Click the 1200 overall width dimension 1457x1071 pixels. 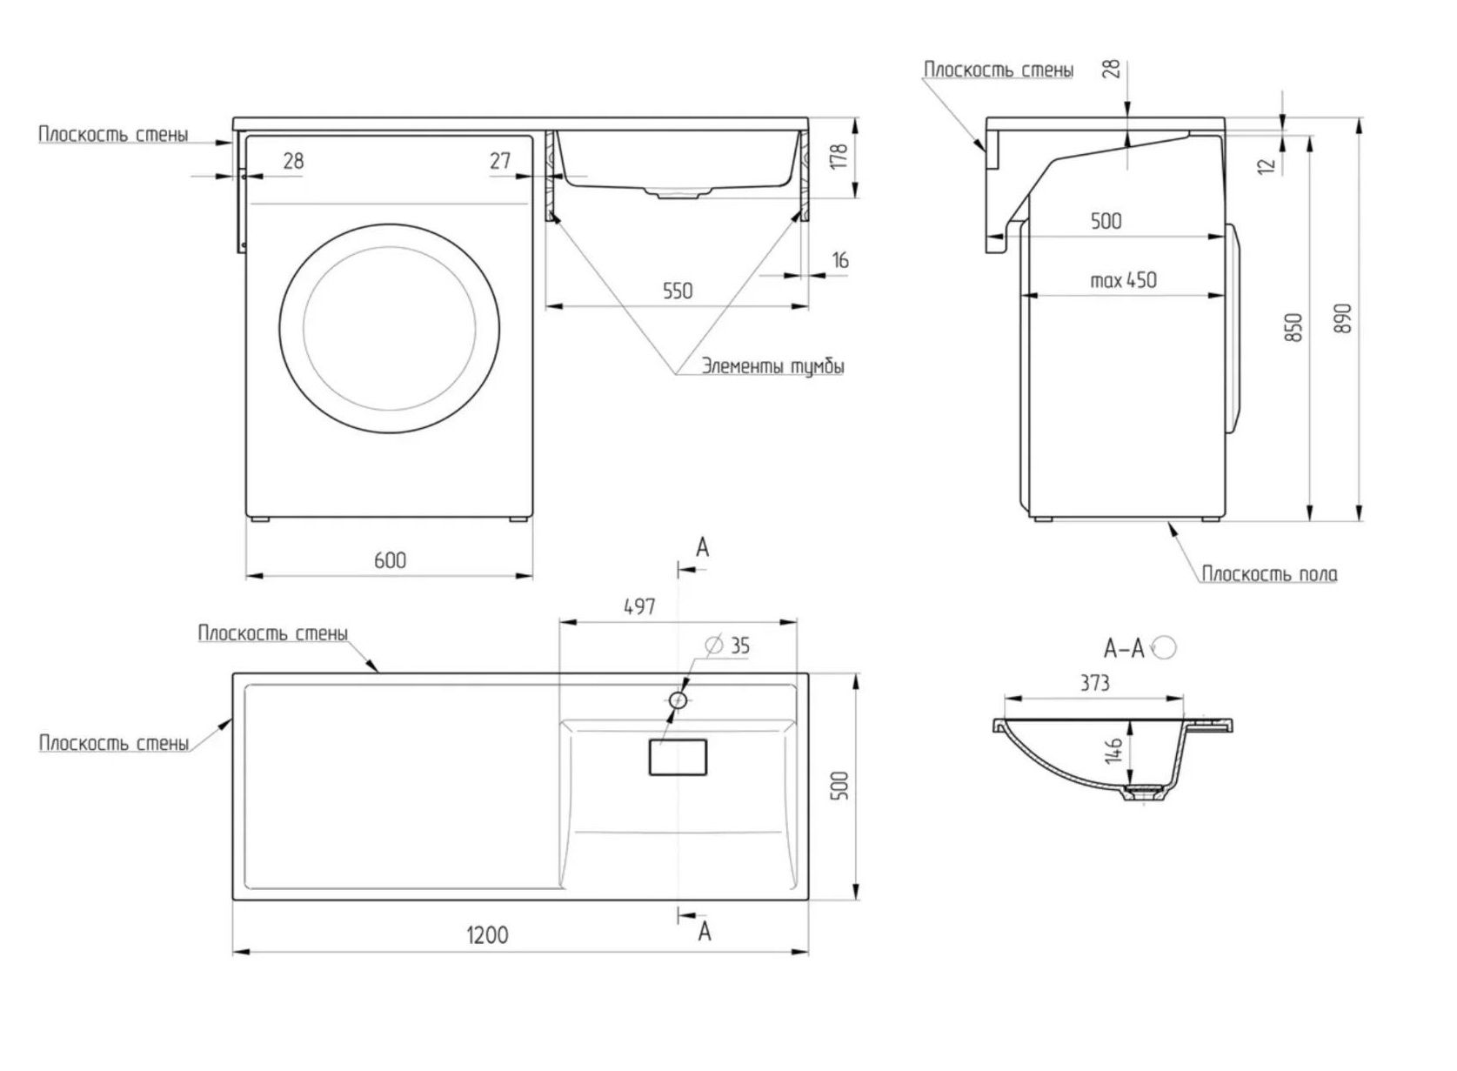(487, 935)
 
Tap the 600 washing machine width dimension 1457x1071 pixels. (391, 560)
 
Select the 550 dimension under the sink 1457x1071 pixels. (678, 291)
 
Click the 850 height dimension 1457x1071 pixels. (1294, 328)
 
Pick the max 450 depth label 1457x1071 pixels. (1123, 280)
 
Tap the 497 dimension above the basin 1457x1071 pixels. (639, 607)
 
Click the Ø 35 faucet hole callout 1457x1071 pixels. (728, 646)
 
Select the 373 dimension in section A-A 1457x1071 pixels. (1094, 683)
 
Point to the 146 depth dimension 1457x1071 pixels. (1113, 750)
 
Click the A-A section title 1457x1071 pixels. (1123, 649)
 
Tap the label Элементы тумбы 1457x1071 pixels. (772, 366)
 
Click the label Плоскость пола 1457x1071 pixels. (1270, 574)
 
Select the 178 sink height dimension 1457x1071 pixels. (839, 156)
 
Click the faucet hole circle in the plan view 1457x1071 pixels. (678, 700)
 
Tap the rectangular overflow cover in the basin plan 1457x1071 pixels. (678, 758)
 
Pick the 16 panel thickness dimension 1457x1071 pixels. (840, 260)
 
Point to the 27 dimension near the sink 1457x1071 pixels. (500, 160)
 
